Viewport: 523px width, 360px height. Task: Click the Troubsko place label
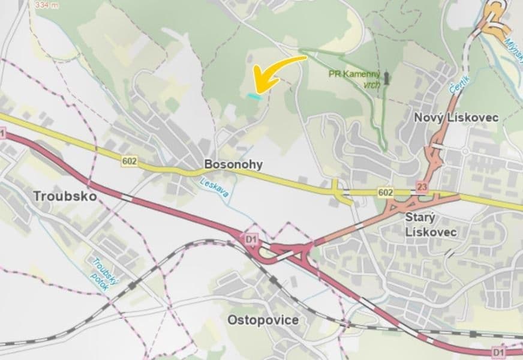[65, 196]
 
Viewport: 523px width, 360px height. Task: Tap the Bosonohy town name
[233, 164]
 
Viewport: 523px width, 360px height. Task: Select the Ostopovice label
[263, 320]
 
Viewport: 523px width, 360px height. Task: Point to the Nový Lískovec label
[456, 118]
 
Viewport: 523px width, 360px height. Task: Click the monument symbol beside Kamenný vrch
[387, 77]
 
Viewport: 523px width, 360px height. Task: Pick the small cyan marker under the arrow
[254, 95]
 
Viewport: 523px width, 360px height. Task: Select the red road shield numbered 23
[423, 186]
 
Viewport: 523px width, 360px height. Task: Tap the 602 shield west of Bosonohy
[129, 161]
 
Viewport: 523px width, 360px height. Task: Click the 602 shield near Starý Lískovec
[386, 192]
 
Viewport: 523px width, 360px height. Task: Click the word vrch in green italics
[372, 85]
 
